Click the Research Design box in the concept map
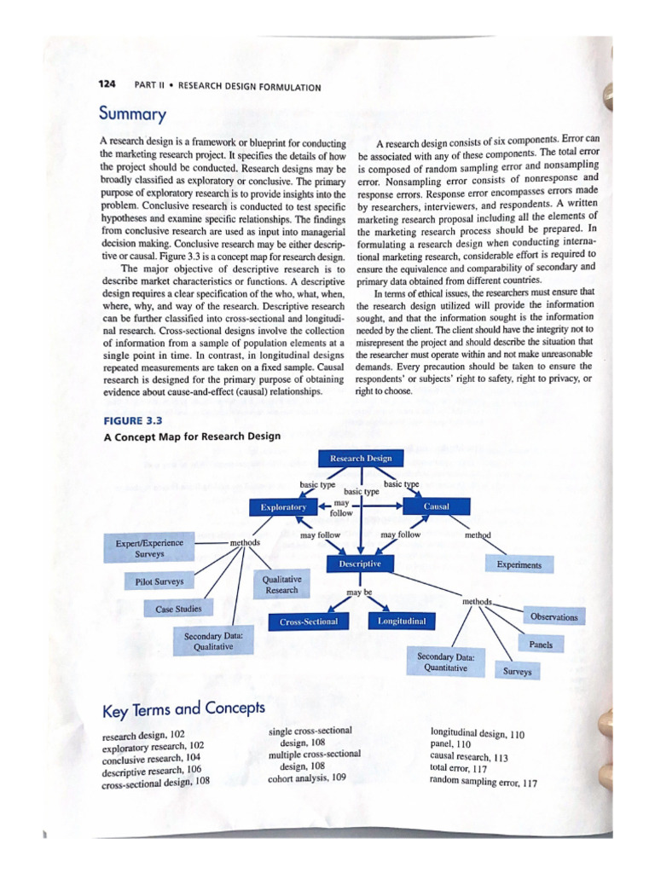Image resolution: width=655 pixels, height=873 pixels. tap(361, 459)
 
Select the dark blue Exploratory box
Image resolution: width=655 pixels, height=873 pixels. tap(283, 507)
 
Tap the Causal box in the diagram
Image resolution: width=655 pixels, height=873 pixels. tap(436, 506)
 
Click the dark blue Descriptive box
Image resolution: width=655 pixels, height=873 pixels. tap(359, 564)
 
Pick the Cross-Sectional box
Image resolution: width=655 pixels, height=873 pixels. tap(309, 622)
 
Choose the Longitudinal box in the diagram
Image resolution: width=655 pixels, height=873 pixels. tap(402, 622)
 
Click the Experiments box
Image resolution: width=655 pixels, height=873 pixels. tap(519, 564)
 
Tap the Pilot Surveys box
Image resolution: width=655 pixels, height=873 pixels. tap(159, 582)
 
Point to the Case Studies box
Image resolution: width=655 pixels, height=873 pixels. tap(178, 610)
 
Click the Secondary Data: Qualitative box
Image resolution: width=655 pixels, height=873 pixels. tap(213, 641)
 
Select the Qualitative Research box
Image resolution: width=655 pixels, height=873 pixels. tap(281, 584)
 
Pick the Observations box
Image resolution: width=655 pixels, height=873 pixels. tap(554, 616)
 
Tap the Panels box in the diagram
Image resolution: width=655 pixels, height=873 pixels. tap(541, 645)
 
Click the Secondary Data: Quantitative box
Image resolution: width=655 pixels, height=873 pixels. tap(446, 662)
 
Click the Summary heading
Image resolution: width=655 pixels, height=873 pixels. tap(132, 113)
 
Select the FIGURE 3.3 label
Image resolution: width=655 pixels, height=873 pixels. tap(132, 421)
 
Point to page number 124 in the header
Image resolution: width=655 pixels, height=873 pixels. tap(107, 84)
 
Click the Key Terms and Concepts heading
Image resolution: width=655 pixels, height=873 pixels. tap(183, 709)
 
